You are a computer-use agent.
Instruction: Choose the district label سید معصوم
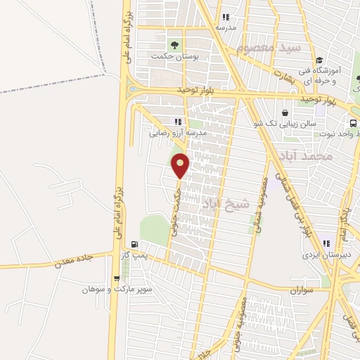pyautogui.click(x=269, y=48)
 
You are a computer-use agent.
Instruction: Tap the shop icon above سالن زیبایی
pyautogui.click(x=285, y=112)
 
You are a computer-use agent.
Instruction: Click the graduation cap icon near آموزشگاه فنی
pyautogui.click(x=319, y=60)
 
